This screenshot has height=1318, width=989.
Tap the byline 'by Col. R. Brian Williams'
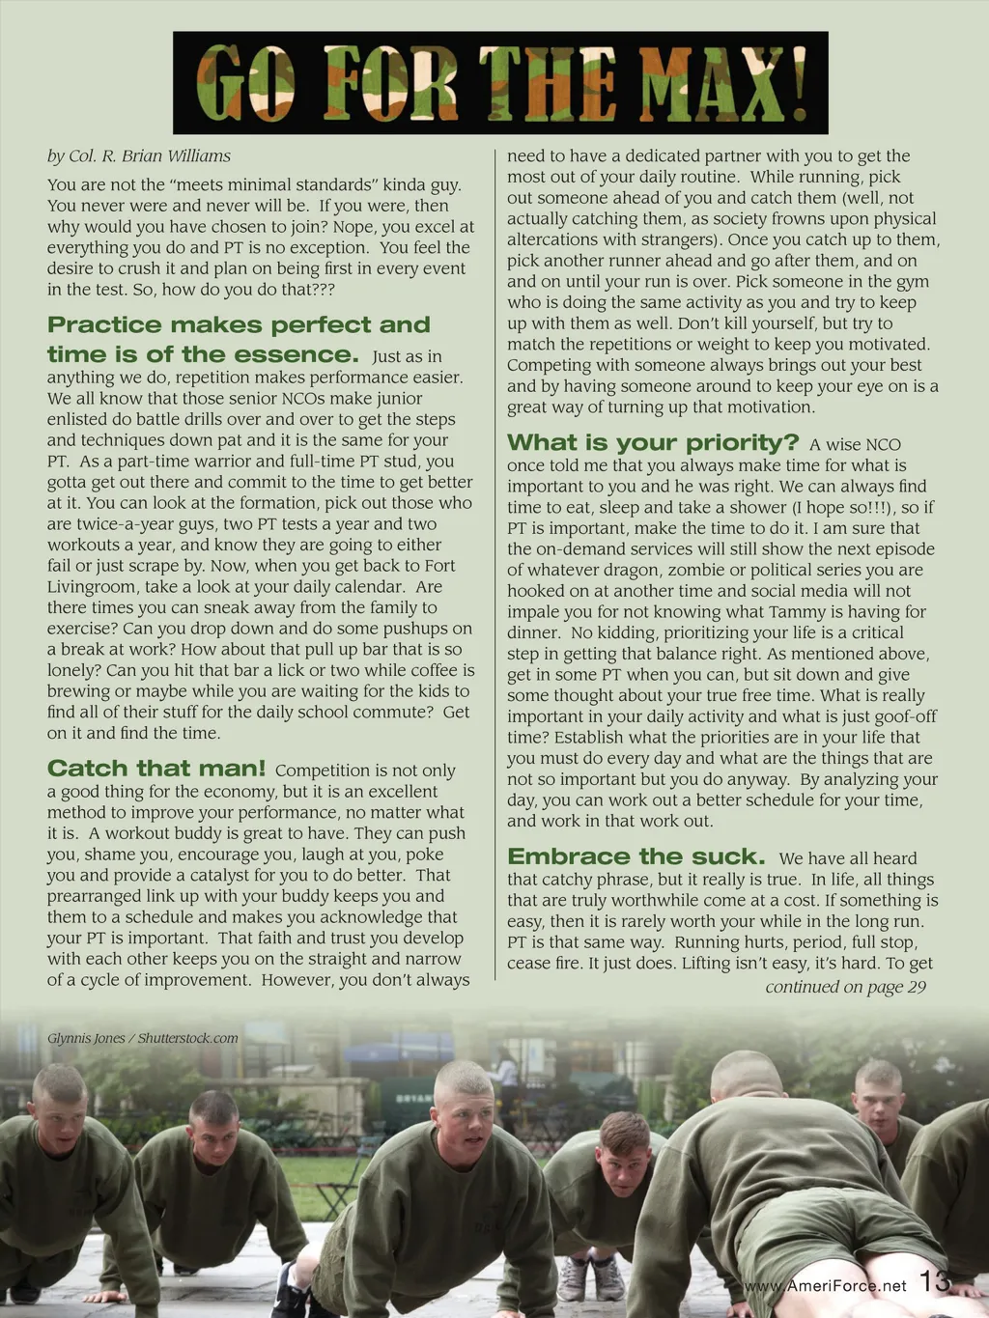pos(139,156)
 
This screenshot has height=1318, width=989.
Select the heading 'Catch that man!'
pos(156,769)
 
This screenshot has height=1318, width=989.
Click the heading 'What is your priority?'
pos(653,443)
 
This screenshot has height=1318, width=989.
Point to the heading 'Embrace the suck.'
pos(636,857)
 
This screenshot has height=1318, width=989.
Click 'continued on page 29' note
pos(845,987)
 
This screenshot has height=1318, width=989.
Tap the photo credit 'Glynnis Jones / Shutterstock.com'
pos(143,1038)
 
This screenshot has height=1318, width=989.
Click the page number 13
pos(935,1282)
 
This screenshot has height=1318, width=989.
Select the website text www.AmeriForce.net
pos(826,1286)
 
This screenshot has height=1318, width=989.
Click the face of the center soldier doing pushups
pos(466,1120)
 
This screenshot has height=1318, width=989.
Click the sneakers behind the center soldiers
pos(591,1279)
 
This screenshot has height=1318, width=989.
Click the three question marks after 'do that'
pos(322,290)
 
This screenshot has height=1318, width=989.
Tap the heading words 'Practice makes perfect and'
pos(239,325)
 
